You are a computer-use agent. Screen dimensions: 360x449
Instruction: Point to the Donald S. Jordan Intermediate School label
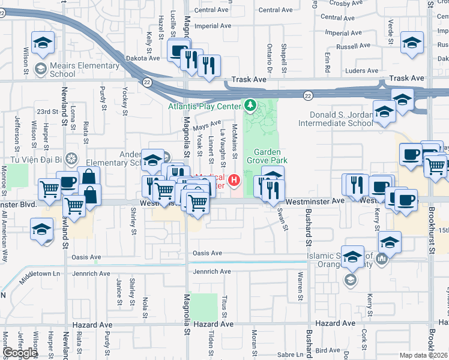click(x=341, y=119)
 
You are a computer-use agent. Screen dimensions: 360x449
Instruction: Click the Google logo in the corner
click(x=20, y=353)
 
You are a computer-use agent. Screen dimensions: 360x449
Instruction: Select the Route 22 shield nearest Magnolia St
click(x=146, y=81)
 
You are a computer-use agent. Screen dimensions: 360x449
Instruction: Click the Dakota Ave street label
click(x=143, y=58)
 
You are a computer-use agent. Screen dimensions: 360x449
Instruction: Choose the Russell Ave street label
click(x=353, y=46)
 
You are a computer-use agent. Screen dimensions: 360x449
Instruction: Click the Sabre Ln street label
click(x=298, y=355)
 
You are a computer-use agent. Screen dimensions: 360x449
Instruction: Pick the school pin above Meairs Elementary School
click(x=43, y=43)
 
